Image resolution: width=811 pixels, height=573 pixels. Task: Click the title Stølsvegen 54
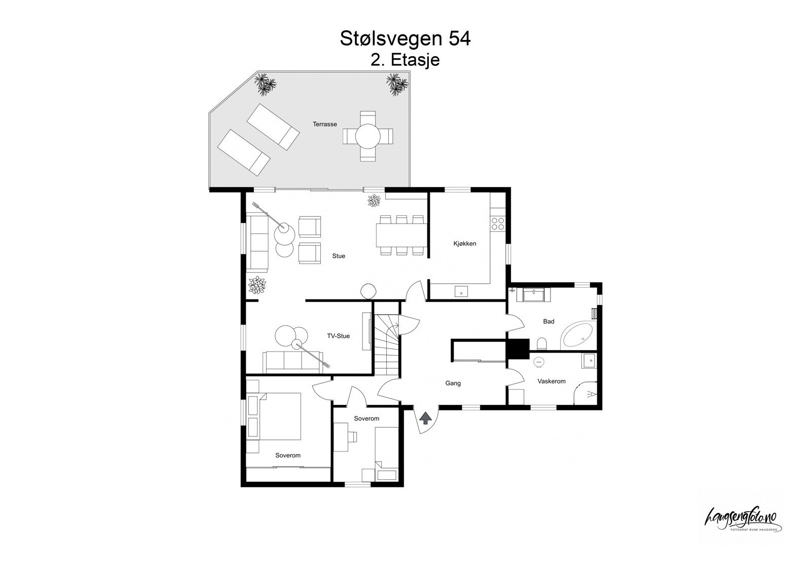click(405, 39)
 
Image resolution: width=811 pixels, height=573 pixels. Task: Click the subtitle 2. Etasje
click(405, 60)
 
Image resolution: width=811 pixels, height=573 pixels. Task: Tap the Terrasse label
click(324, 124)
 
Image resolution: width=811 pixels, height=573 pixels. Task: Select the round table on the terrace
click(368, 136)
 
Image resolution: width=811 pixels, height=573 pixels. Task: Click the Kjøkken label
click(464, 244)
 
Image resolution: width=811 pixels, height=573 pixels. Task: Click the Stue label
click(339, 256)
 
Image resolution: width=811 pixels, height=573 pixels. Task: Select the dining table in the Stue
click(400, 235)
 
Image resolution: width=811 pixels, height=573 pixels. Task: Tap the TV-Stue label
click(338, 336)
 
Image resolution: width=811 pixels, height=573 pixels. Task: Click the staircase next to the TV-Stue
click(387, 345)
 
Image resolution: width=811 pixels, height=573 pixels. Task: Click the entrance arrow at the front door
click(425, 418)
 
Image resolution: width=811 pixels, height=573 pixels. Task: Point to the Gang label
click(453, 384)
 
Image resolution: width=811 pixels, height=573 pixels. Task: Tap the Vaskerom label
click(551, 381)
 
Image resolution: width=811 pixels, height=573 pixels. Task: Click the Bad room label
click(548, 321)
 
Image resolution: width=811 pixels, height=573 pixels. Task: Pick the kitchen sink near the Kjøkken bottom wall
click(462, 291)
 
